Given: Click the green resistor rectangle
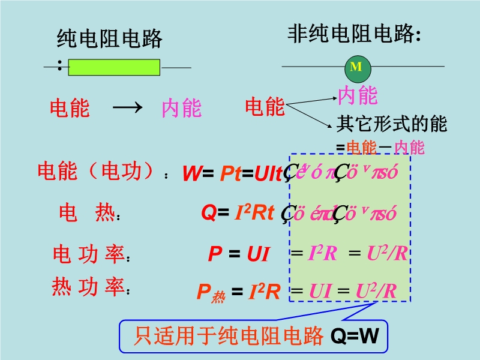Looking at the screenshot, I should point(114,67).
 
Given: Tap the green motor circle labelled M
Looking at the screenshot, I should point(356,67).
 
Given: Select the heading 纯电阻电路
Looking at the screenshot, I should point(109,40).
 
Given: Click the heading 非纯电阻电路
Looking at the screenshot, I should point(352,34).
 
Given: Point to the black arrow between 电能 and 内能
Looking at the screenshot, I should point(127,108).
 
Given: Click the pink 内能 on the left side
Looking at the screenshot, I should point(181,109).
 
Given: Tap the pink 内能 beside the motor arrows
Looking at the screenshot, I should point(358,95).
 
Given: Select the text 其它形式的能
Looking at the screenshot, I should point(391,124).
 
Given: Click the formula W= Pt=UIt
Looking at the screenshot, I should point(232,174).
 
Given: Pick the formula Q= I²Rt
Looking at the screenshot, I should point(238,213).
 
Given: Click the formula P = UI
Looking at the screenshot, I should point(238,254).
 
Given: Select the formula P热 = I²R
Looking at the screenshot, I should point(239,292).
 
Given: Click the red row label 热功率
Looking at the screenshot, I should point(89,289).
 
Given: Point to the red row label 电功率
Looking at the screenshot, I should point(89,255).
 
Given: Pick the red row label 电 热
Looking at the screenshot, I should point(86,213).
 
